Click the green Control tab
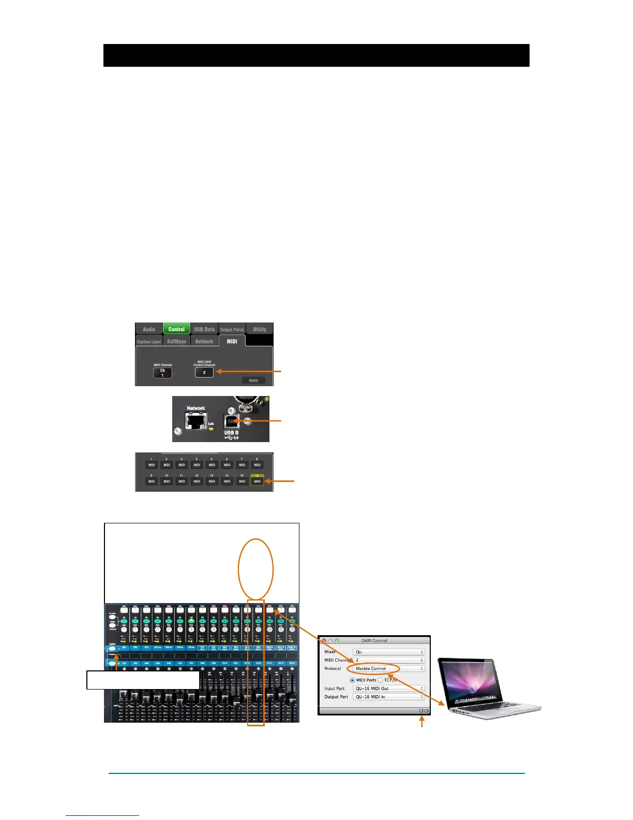(176, 329)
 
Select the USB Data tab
(204, 329)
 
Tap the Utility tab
(260, 329)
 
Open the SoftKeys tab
(176, 342)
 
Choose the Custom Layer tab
(149, 342)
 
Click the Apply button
(253, 380)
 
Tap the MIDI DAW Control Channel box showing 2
(204, 372)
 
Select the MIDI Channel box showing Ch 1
(162, 373)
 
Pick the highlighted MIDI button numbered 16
(257, 481)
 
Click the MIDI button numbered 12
(197, 481)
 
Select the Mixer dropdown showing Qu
(389, 652)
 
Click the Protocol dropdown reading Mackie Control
(389, 668)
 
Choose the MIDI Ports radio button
(352, 680)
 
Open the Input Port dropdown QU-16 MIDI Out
(389, 689)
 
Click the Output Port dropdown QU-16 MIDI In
(389, 697)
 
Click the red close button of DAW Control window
(324, 640)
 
